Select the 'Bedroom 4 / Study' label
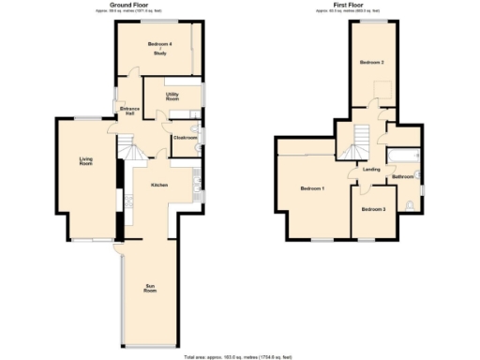tap(159, 51)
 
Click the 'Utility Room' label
tap(172, 97)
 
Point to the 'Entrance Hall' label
tap(130, 112)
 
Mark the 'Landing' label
tap(371, 170)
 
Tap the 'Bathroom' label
tap(403, 176)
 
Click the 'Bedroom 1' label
tap(312, 189)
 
